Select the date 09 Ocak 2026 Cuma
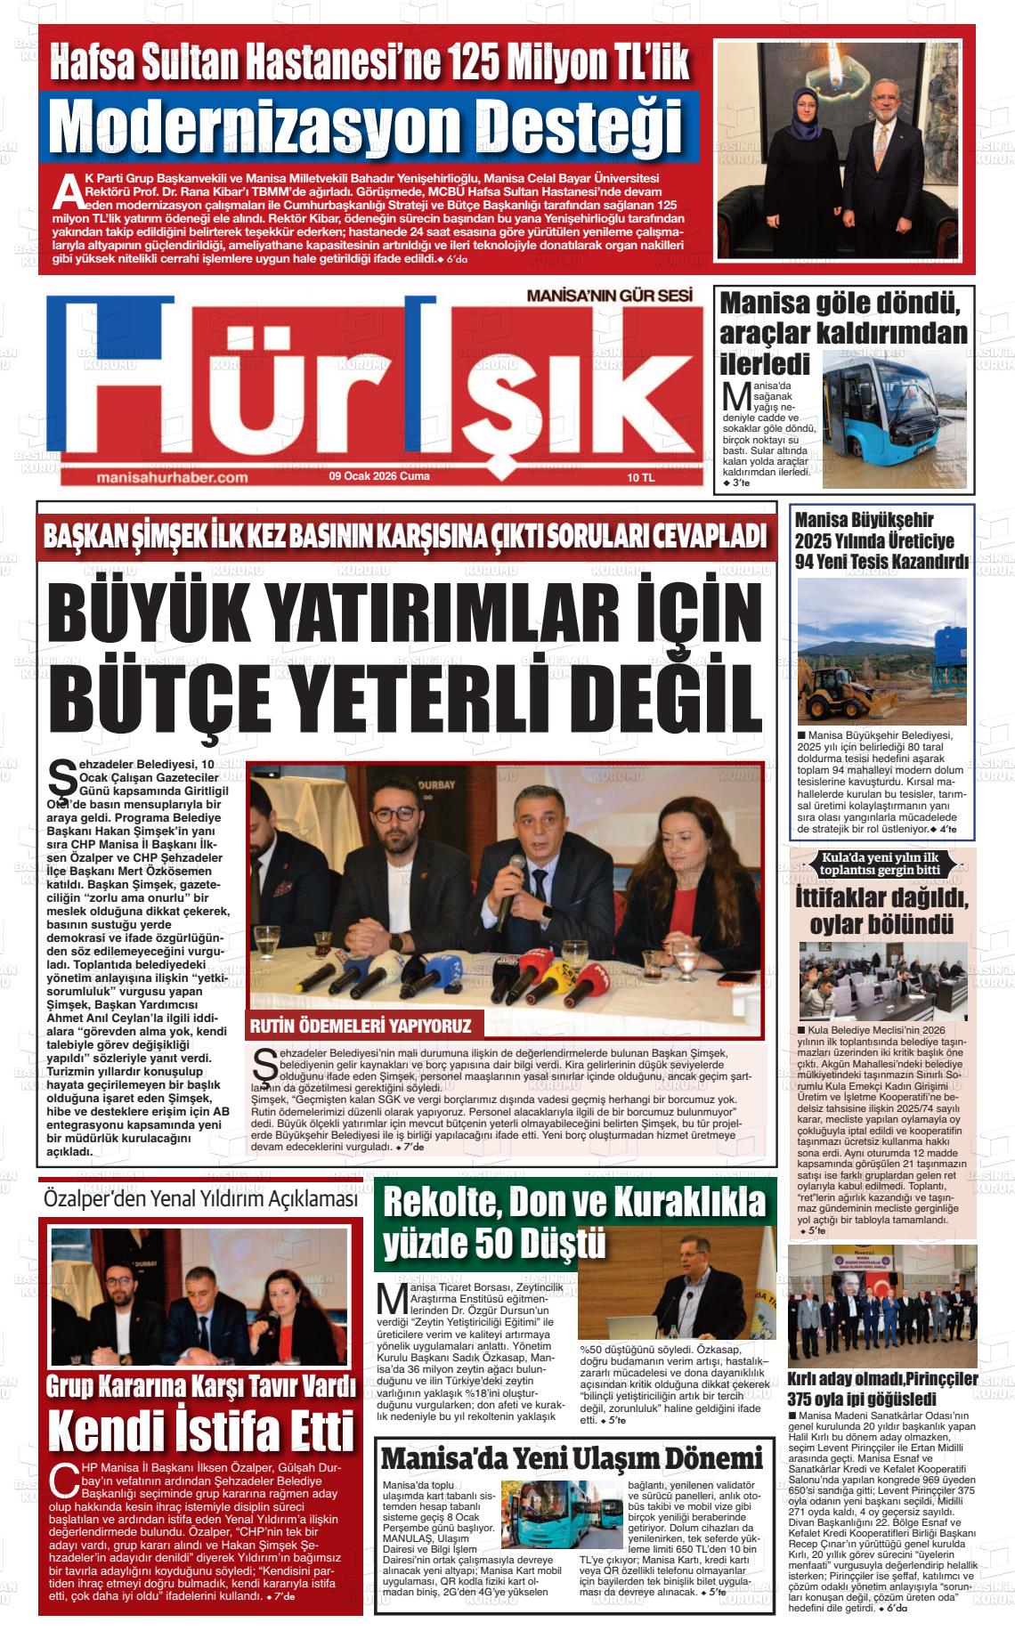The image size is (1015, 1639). pos(379,476)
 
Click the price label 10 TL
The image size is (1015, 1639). pos(640,477)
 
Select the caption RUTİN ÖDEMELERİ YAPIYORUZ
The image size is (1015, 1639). pos(361,1026)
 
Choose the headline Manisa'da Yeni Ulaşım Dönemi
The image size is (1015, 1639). pos(572,1458)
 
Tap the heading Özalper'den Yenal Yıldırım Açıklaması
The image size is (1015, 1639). pos(200,1199)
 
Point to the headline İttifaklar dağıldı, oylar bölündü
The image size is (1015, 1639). pos(881,909)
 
